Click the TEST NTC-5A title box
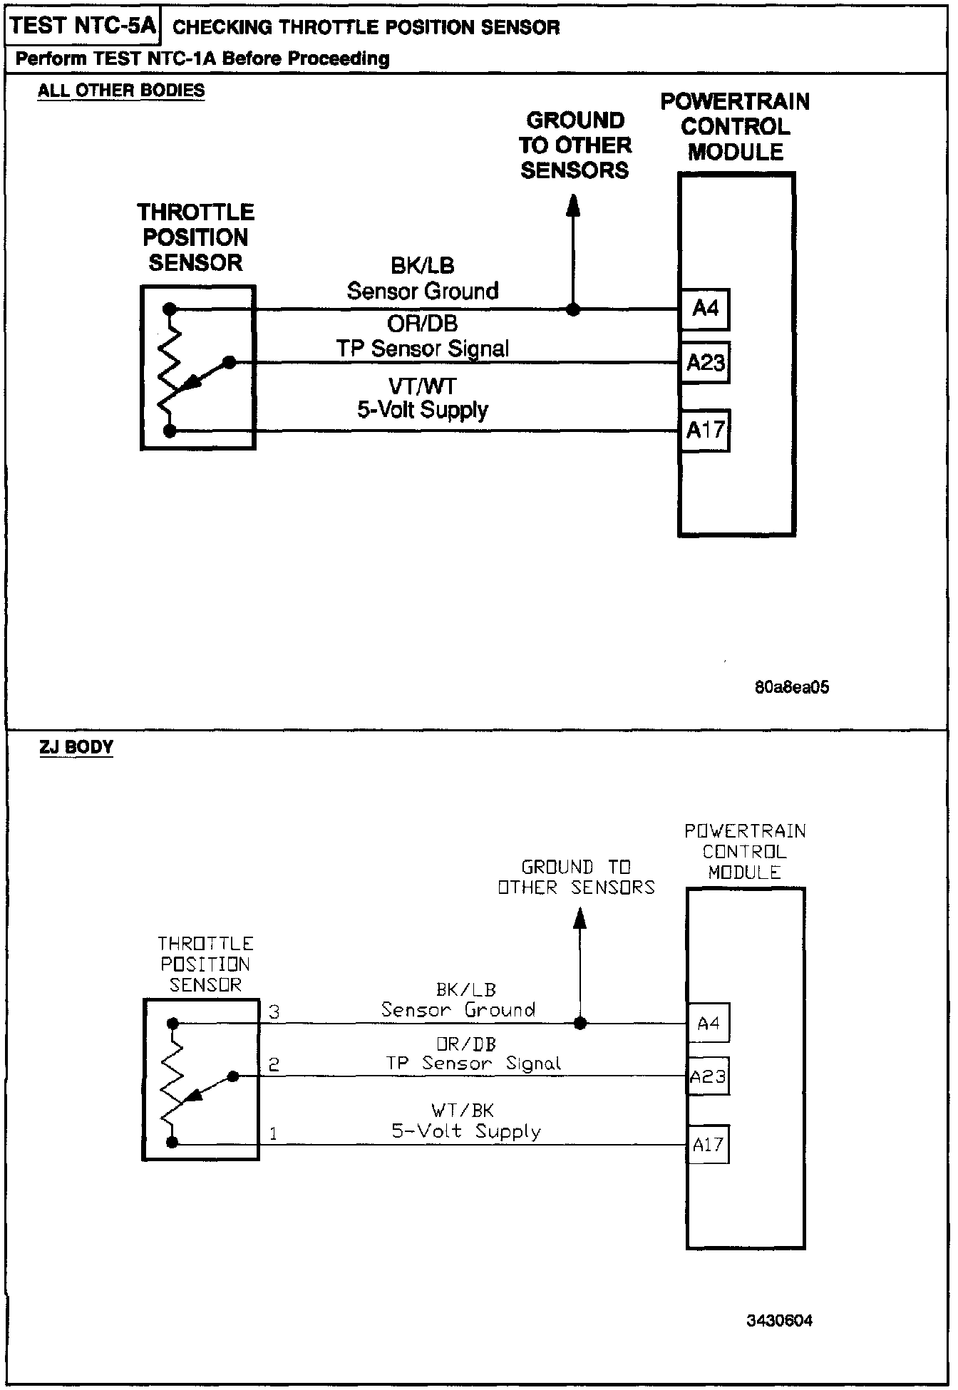83,26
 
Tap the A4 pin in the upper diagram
705,309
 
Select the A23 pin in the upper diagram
705,363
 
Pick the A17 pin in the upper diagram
705,430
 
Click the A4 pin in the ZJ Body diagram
708,1024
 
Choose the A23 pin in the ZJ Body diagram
708,1076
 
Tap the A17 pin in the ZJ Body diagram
708,1144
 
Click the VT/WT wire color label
422,386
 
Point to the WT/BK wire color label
463,1110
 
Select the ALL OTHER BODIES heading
121,91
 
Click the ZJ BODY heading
76,747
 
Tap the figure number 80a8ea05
791,687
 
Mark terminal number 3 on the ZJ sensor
274,1011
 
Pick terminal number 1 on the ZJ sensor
273,1133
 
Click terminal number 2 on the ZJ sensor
274,1065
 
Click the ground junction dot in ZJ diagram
580,1024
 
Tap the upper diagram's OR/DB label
422,324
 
